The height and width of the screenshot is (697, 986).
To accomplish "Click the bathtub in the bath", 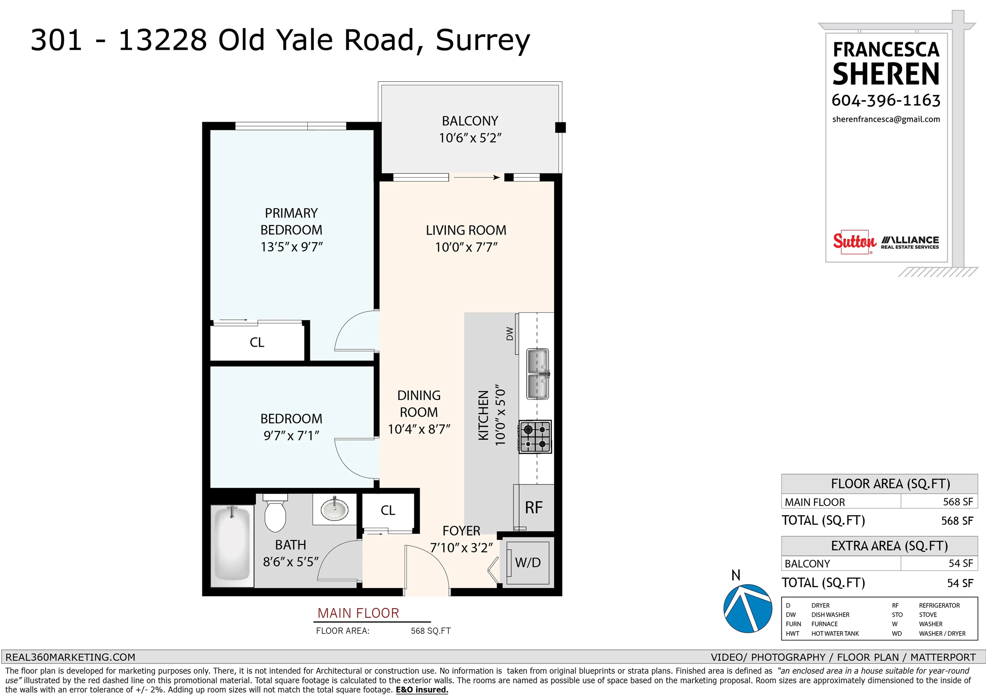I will (x=232, y=545).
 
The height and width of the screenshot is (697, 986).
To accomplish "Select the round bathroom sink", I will (x=334, y=509).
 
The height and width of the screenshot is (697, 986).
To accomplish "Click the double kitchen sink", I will (x=538, y=374).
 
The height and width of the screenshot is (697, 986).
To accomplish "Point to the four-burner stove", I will (x=535, y=436).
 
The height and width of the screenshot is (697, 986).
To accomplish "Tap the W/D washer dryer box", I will (x=528, y=562).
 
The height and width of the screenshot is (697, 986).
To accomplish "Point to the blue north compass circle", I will (x=748, y=608).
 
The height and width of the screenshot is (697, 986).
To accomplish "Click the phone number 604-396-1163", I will (x=886, y=100).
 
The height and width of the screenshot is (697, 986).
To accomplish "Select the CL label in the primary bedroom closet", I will (x=257, y=342).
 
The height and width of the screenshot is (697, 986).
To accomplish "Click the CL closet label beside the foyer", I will (x=388, y=510).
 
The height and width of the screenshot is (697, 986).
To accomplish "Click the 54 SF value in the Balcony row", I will (x=960, y=564).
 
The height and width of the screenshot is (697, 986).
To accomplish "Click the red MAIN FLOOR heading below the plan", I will (x=358, y=613).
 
